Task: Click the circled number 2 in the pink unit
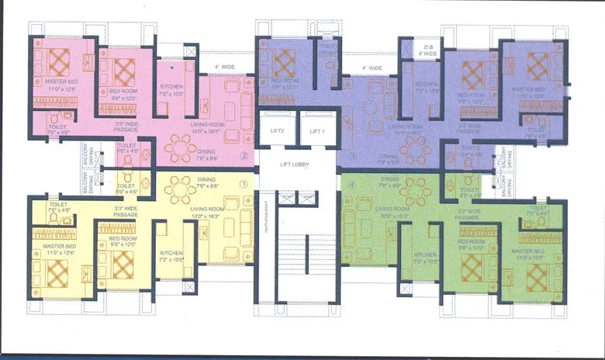click(x=243, y=156)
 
